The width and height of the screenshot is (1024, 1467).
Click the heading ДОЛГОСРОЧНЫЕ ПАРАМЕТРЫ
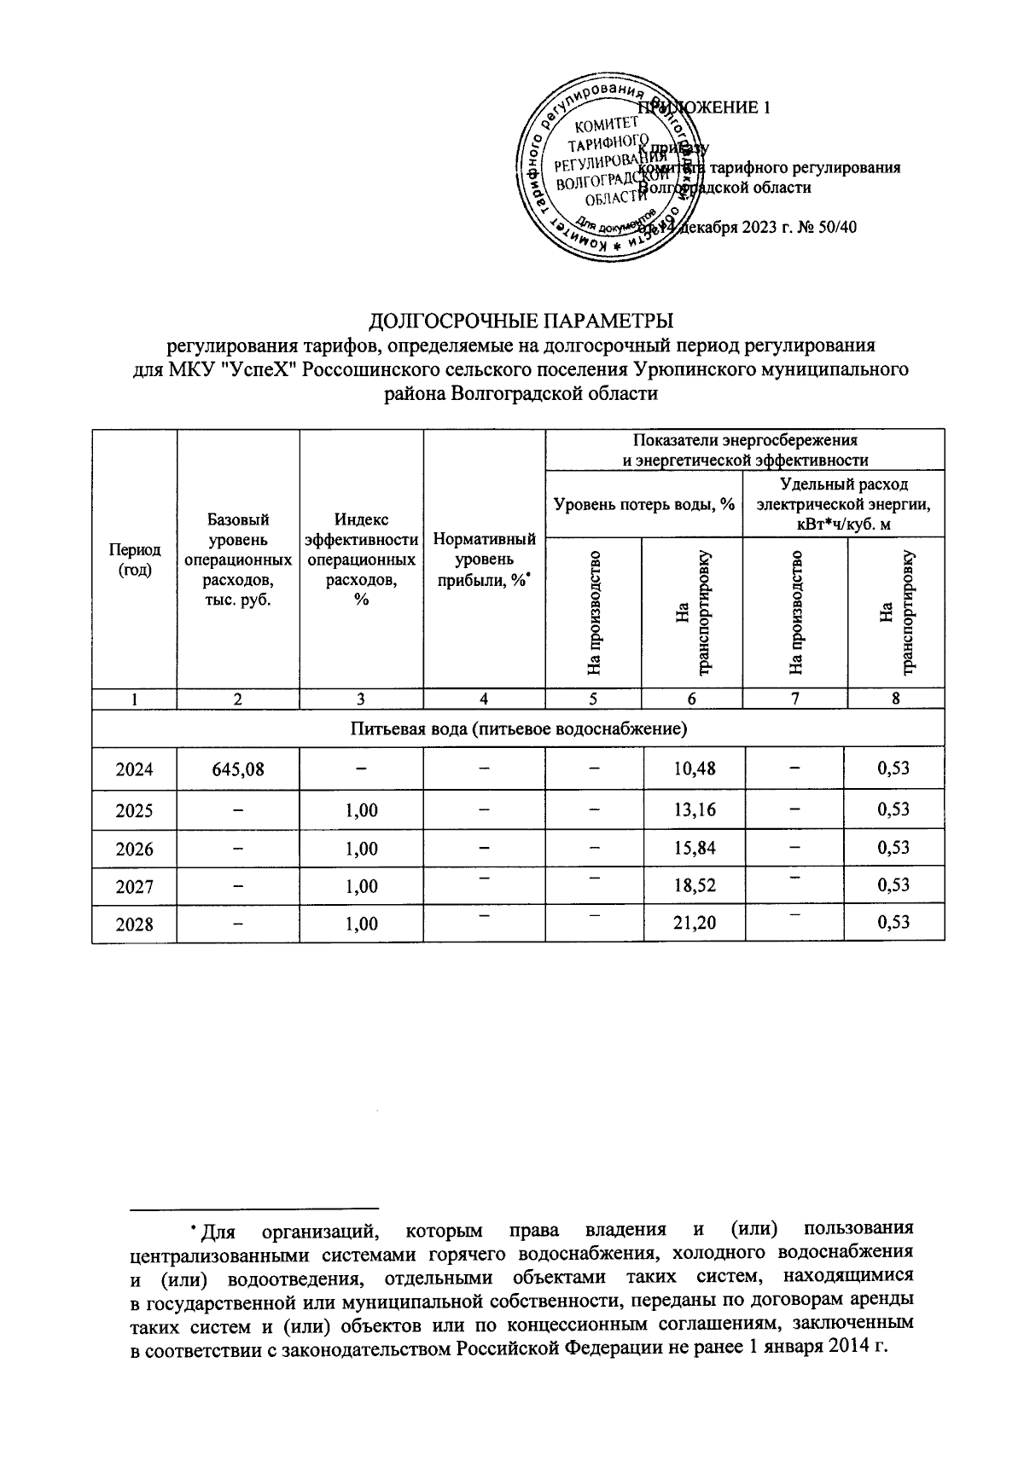pyautogui.click(x=521, y=322)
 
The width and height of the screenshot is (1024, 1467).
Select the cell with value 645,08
pyautogui.click(x=238, y=769)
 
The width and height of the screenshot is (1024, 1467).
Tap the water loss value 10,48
pyautogui.click(x=694, y=769)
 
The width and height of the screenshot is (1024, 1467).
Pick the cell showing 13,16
pyautogui.click(x=694, y=809)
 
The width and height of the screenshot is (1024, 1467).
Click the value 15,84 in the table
pyautogui.click(x=694, y=849)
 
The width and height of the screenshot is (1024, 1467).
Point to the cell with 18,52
pyautogui.click(x=694, y=887)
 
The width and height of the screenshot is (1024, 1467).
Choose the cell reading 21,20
pyautogui.click(x=694, y=923)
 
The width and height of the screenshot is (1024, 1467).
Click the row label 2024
pyautogui.click(x=134, y=769)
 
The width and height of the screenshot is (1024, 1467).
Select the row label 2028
pyautogui.click(x=134, y=924)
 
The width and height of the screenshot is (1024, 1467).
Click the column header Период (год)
pyautogui.click(x=134, y=560)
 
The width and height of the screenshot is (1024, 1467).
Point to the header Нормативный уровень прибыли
pyautogui.click(x=484, y=560)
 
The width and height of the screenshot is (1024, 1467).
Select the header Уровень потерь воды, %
pyautogui.click(x=644, y=504)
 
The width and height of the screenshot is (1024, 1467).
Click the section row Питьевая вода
pyautogui.click(x=518, y=729)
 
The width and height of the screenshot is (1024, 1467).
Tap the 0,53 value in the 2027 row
pyautogui.click(x=893, y=887)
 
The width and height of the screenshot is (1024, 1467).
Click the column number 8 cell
pyautogui.click(x=895, y=699)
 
